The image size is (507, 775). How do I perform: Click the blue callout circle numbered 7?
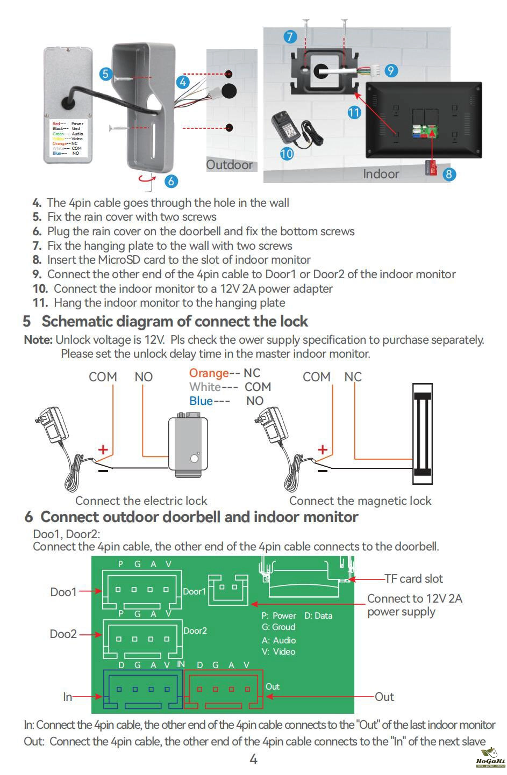[x=290, y=37]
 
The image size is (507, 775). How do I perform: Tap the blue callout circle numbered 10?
[x=287, y=154]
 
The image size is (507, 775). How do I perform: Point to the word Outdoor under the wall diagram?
[x=230, y=165]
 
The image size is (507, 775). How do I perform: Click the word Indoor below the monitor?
[x=381, y=174]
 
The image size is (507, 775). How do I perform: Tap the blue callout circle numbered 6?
[x=171, y=182]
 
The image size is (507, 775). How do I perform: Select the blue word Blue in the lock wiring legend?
[x=201, y=401]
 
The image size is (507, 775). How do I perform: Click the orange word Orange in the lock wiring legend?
[x=209, y=373]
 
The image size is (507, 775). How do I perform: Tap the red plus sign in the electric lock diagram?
[x=103, y=450]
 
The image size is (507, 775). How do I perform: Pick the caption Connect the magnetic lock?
[x=360, y=501]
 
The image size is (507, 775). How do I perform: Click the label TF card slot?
[x=413, y=579]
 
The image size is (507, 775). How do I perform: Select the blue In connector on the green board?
[x=142, y=690]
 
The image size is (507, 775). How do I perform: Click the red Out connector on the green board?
[x=224, y=690]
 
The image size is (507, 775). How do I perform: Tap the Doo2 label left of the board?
[x=63, y=634]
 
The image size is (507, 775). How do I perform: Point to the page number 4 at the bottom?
[x=254, y=759]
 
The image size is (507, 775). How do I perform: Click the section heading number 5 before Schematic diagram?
[x=27, y=322]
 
